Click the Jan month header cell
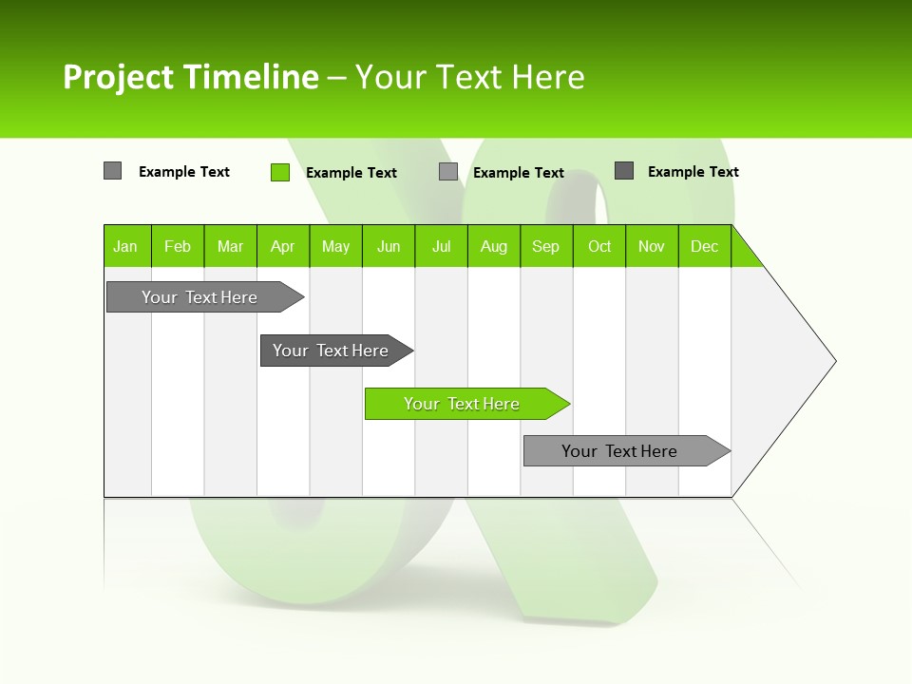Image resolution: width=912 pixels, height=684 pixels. tap(126, 246)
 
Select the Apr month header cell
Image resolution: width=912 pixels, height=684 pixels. tap(283, 246)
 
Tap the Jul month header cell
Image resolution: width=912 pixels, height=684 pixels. tap(441, 246)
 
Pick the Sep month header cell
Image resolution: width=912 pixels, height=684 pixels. tap(546, 246)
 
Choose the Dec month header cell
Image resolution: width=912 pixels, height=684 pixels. tap(704, 246)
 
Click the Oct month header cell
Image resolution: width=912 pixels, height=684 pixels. tap(599, 246)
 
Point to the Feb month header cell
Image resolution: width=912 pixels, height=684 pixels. tap(178, 246)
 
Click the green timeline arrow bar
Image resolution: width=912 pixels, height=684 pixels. tap(465, 404)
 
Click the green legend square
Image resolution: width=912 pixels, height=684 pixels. tap(280, 172)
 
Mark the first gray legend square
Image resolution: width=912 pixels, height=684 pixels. tap(112, 171)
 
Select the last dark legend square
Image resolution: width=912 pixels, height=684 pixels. tap(624, 171)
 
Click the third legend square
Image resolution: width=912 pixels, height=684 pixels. tap(448, 172)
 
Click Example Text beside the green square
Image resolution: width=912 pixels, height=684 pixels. tap(351, 173)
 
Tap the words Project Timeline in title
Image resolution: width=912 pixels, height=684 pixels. tap(190, 77)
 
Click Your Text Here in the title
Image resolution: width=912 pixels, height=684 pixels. tap(470, 77)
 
